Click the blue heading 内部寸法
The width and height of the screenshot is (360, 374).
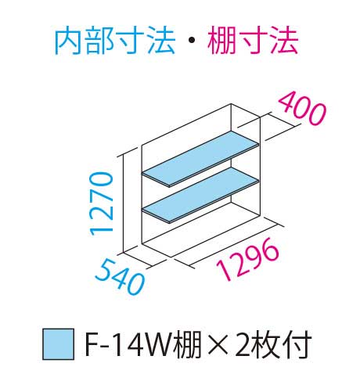(x=115, y=41)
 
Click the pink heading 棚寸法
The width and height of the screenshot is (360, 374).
(x=253, y=41)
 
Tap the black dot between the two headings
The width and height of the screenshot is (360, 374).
(x=191, y=41)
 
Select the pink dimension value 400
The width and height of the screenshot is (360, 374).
(x=302, y=110)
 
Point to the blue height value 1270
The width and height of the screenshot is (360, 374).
(x=102, y=203)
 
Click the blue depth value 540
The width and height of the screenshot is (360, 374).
(x=120, y=277)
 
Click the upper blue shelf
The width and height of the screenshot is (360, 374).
(x=200, y=159)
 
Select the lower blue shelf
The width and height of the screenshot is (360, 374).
(x=200, y=195)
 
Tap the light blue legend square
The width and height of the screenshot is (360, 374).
(x=58, y=344)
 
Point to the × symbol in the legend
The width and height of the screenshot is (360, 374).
(x=218, y=344)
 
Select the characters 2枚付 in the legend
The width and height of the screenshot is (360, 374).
(x=273, y=344)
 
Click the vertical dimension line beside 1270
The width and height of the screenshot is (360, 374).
(x=123, y=204)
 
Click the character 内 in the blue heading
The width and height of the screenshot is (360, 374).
(x=69, y=41)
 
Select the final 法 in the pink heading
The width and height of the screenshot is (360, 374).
(x=283, y=41)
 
